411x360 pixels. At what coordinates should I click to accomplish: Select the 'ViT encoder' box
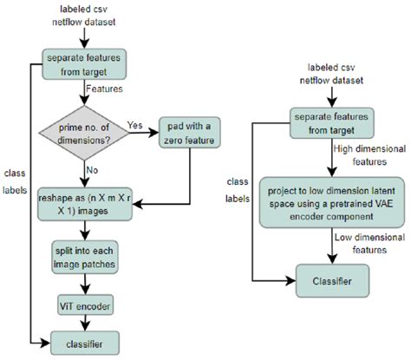[x=84, y=307]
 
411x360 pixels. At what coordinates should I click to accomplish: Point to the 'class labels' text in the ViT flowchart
[x=15, y=178]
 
